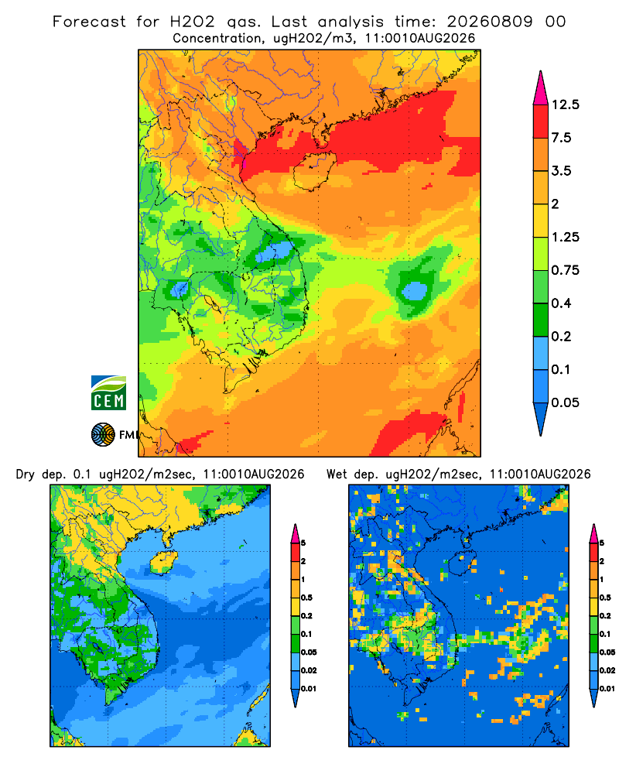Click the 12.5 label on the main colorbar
[x=565, y=104]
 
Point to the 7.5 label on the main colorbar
[x=561, y=138]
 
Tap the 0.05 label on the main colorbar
[x=565, y=402]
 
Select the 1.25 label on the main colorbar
[x=565, y=237]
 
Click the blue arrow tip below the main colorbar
[x=541, y=420]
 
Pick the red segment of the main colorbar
[x=541, y=122]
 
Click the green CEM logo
[x=108, y=393]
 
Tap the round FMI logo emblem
[x=103, y=435]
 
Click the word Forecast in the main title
[x=89, y=22]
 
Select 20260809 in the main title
[x=490, y=22]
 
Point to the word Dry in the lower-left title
[x=26, y=474]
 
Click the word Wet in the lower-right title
[x=337, y=474]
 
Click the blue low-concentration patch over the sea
[x=414, y=291]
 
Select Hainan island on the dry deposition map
[x=162, y=562]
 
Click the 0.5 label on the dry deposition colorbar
[x=306, y=598]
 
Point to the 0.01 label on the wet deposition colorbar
[x=607, y=689]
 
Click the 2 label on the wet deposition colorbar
[x=602, y=561]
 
